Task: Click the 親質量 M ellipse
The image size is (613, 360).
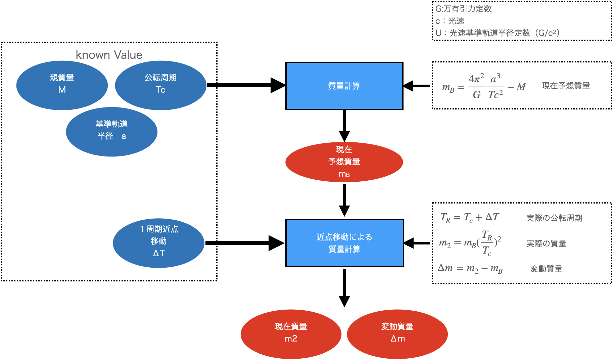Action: tap(62, 85)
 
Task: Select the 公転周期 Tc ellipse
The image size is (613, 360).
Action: tap(160, 85)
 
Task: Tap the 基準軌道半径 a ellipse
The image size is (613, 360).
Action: tap(111, 132)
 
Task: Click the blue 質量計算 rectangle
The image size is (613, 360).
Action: tap(344, 86)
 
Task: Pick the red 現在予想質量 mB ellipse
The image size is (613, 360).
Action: tap(344, 162)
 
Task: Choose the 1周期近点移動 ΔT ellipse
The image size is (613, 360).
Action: tap(158, 242)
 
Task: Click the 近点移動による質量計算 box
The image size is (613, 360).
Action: tap(344, 243)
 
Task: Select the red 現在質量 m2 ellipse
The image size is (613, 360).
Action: tap(291, 334)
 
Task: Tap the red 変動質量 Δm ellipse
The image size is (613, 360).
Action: tap(397, 334)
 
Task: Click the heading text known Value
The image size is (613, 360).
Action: tap(109, 55)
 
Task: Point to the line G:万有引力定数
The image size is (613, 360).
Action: tap(463, 9)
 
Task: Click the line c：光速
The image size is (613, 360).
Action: tap(450, 21)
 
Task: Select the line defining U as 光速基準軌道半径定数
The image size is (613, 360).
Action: tap(497, 33)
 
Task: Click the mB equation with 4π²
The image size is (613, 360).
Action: tap(484, 87)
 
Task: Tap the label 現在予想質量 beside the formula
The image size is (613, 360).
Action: tap(566, 86)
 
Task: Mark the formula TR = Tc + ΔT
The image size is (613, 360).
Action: tap(470, 218)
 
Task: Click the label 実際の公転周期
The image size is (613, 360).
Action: tap(554, 218)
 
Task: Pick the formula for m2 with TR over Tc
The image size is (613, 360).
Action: tap(470, 243)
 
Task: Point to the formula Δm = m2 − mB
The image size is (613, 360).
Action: tap(470, 268)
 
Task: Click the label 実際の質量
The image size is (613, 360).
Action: tap(546, 243)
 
